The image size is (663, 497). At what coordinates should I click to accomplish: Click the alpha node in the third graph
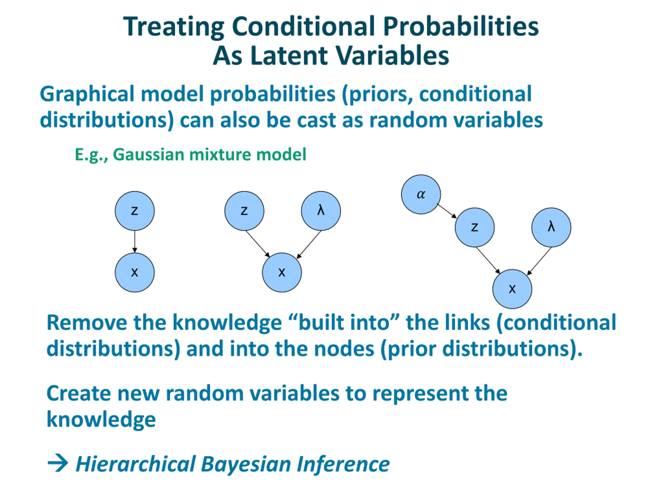click(421, 194)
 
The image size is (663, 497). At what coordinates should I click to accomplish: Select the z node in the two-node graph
click(135, 211)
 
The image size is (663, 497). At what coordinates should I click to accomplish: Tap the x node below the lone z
click(135, 272)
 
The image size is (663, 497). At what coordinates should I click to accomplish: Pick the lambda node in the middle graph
click(321, 211)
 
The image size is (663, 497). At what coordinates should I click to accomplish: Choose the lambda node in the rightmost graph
click(551, 227)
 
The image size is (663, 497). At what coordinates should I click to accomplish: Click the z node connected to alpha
click(474, 227)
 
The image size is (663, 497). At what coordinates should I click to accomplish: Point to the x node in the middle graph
click(282, 272)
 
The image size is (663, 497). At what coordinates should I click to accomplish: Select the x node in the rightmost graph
click(512, 289)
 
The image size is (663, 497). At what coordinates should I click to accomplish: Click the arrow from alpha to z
click(446, 211)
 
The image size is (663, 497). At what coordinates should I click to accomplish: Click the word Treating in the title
click(174, 27)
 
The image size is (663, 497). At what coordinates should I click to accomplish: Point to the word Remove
click(87, 323)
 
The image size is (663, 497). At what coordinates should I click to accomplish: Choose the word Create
click(79, 393)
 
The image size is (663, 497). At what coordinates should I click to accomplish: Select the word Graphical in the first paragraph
click(87, 94)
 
